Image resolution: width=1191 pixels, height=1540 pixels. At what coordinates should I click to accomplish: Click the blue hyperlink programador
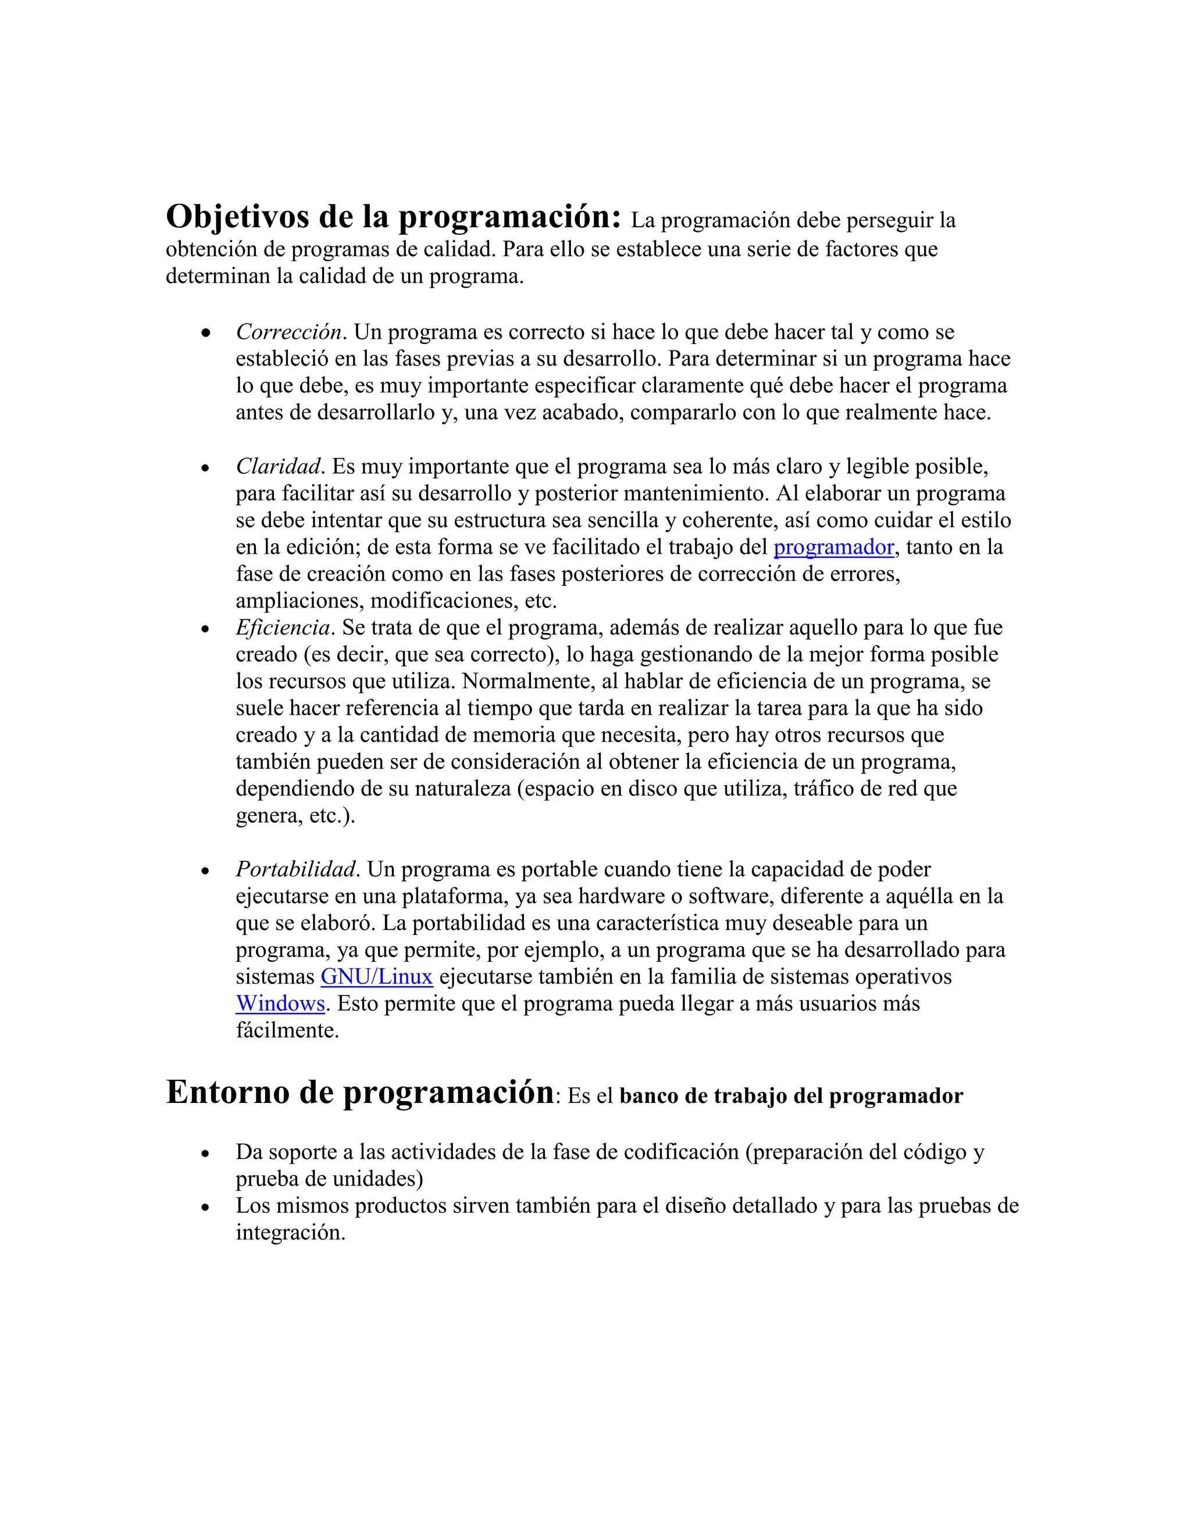(833, 548)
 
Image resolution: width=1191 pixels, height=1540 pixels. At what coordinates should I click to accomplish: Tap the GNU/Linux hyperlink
(376, 977)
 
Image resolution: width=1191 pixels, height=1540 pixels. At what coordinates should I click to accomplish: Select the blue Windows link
(280, 1004)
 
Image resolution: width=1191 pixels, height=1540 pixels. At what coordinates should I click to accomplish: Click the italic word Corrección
(288, 332)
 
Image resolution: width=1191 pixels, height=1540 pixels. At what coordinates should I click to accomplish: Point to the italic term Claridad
(279, 467)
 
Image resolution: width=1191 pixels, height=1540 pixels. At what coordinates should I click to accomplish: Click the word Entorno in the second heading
(227, 1093)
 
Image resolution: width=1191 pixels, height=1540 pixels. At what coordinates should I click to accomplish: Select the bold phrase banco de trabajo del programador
(790, 1097)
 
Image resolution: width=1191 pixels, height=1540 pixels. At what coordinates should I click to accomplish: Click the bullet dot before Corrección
(205, 334)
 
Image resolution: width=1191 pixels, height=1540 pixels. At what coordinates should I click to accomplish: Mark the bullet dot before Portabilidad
(205, 872)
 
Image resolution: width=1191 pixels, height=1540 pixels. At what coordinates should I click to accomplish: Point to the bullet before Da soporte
(205, 1154)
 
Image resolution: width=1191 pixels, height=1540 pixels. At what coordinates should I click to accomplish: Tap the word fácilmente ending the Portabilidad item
(287, 1031)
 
